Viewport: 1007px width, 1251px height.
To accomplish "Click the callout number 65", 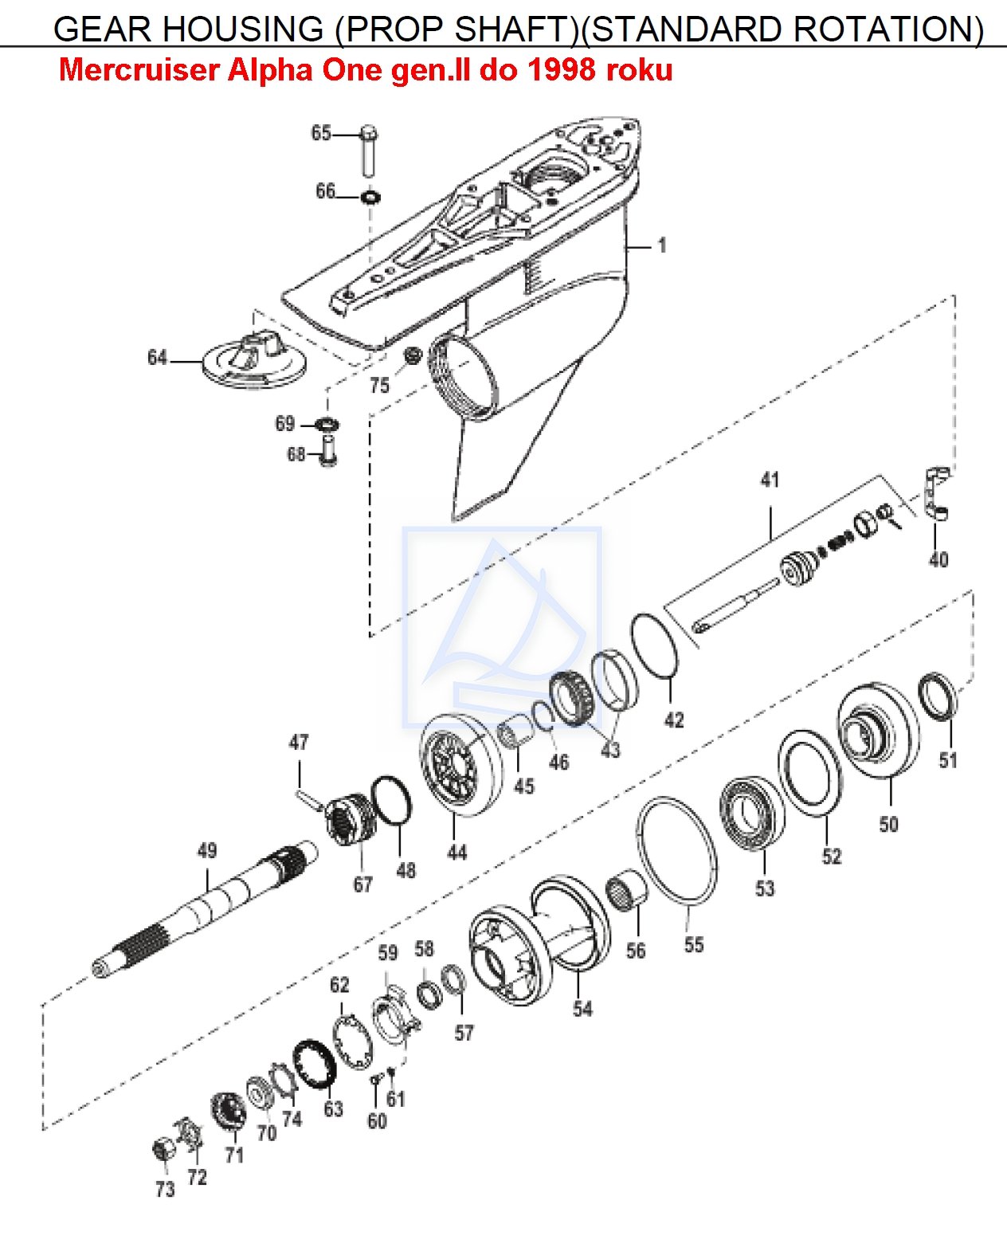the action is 321,133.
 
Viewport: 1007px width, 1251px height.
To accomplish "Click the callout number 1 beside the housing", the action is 662,245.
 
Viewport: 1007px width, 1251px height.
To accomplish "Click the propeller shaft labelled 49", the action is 206,908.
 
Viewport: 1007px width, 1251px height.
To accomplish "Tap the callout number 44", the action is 457,853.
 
